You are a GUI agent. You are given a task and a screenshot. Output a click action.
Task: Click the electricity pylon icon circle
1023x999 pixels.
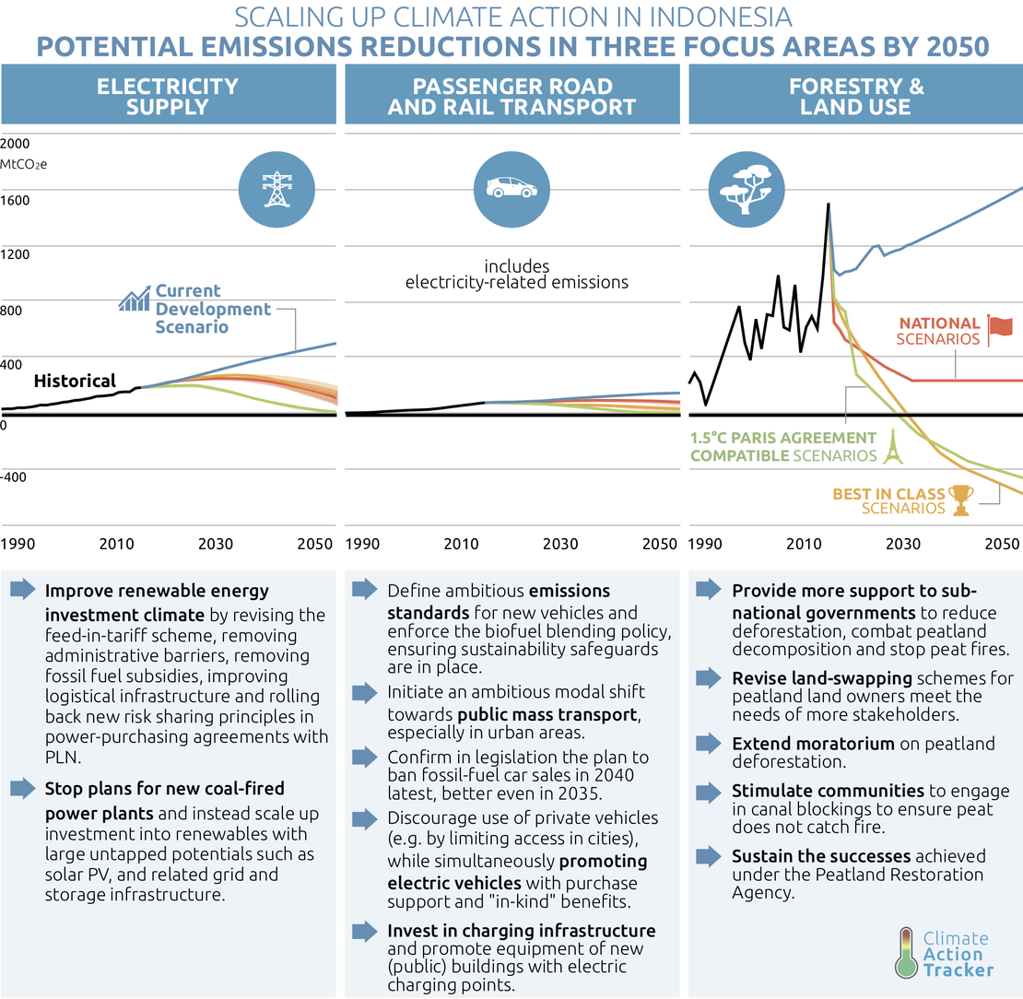275,187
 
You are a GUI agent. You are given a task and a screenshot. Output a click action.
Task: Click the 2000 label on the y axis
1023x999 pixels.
16,144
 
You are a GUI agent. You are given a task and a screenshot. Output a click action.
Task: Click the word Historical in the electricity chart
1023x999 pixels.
75,381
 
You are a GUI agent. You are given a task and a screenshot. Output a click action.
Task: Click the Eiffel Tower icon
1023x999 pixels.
891,447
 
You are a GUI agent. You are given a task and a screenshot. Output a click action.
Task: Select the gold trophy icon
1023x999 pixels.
961,500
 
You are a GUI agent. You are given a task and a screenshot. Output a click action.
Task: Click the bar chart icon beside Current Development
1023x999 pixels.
135,299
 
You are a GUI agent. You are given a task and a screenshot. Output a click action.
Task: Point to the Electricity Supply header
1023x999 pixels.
168,97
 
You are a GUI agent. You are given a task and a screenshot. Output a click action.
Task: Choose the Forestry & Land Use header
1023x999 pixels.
855,97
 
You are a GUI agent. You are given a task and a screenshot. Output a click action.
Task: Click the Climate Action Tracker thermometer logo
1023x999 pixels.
909,952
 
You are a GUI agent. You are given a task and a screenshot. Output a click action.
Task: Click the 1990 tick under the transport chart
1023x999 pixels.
362,544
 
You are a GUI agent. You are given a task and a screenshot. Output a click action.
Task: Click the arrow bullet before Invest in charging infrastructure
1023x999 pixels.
364,929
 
